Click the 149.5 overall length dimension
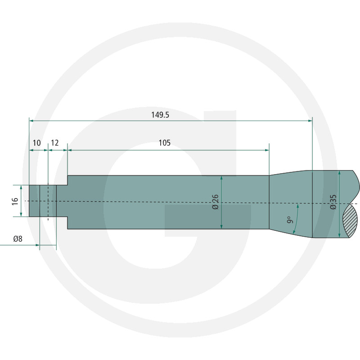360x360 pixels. (160, 115)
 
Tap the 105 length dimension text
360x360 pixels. (165, 143)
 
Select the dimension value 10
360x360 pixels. (36, 143)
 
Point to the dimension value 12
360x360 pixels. (54, 143)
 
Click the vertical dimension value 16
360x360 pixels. (15, 201)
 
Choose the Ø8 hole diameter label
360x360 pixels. (18, 239)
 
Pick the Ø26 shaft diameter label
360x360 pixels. (216, 202)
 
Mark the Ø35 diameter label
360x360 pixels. (333, 202)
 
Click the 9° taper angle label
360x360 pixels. (290, 220)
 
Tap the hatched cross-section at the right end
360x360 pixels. (350, 220)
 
